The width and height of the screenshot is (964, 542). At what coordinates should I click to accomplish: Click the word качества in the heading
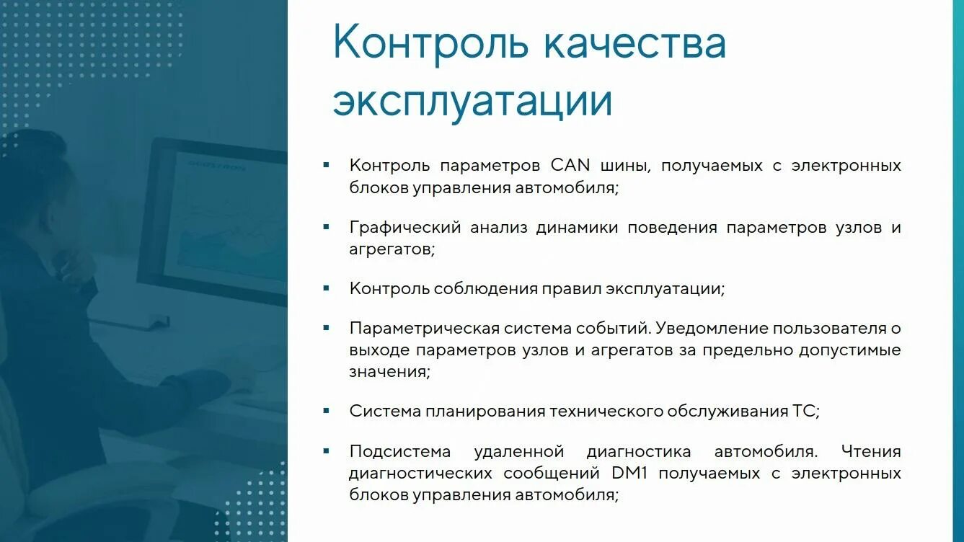click(x=634, y=44)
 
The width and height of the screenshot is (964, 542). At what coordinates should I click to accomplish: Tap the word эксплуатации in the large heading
click(x=472, y=102)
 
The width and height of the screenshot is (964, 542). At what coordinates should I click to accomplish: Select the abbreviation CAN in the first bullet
click(x=570, y=166)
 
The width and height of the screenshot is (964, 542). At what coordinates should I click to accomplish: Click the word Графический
click(x=404, y=228)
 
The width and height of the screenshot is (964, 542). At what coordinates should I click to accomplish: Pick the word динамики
click(x=577, y=228)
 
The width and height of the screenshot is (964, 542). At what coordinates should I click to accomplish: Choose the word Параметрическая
click(x=424, y=329)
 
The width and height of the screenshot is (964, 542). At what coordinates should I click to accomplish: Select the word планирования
click(x=486, y=412)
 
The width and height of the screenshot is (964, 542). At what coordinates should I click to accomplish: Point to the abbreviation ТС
click(x=805, y=412)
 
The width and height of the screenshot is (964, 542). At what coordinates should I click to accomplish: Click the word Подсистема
click(x=400, y=452)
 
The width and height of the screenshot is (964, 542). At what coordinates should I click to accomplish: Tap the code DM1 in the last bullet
click(x=631, y=474)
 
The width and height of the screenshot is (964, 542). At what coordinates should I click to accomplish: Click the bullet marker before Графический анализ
click(x=327, y=227)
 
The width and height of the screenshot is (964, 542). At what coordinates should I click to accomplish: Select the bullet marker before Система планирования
click(x=327, y=411)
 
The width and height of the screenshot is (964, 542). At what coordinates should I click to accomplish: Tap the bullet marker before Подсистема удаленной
click(x=327, y=451)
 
